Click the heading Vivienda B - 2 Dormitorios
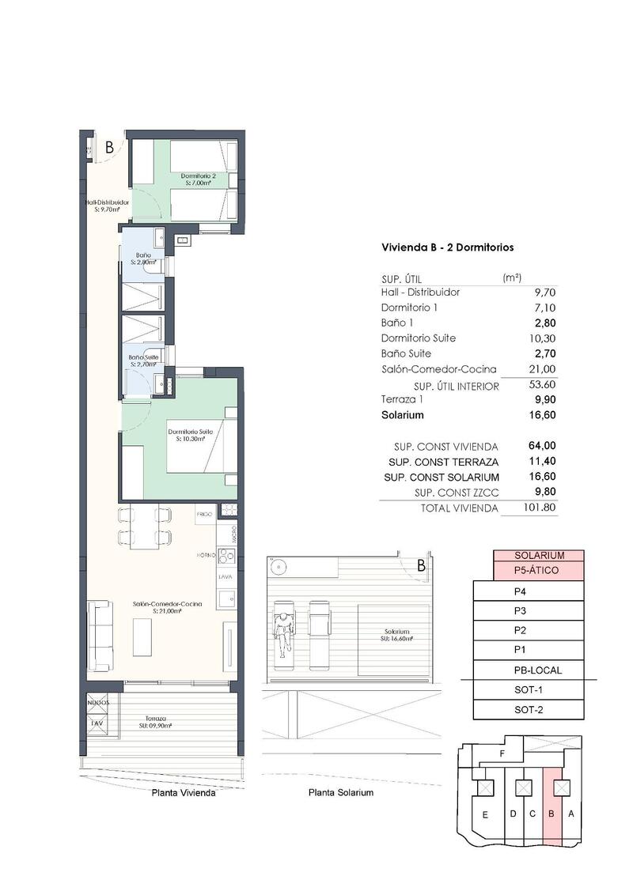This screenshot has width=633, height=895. coord(447,247)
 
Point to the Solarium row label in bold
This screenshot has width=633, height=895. coord(403,415)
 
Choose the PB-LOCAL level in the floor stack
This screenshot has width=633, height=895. coord(537,670)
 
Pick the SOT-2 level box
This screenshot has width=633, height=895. coord(528,709)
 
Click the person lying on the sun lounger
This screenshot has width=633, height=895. coord(282,629)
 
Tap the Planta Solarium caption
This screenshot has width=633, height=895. coord(340,792)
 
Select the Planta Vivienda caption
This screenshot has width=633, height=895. coord(183,792)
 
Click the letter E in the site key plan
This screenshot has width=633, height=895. coord(484,814)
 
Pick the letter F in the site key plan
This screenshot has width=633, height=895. coord(502,754)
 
